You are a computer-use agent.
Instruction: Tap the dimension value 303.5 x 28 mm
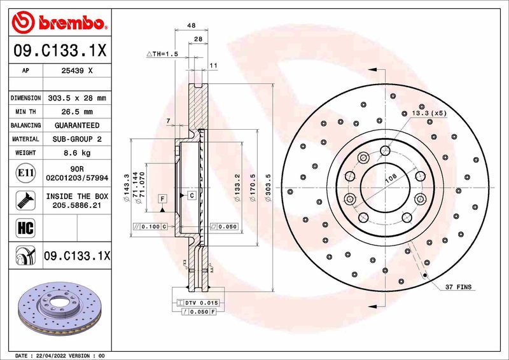(76, 99)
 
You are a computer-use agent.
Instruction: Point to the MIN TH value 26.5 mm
(76, 112)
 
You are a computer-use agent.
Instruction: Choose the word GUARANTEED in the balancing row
(76, 125)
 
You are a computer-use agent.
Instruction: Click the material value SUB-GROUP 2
(76, 139)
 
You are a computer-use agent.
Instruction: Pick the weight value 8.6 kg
(76, 153)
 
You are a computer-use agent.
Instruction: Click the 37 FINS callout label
(458, 288)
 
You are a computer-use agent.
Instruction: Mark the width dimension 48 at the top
(191, 25)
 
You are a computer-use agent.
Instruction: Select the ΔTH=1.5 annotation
(162, 54)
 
